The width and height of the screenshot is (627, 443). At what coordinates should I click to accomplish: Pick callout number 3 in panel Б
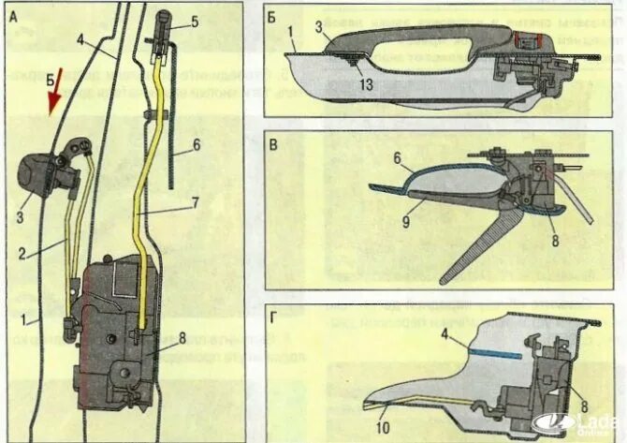pyautogui.click(x=319, y=30)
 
